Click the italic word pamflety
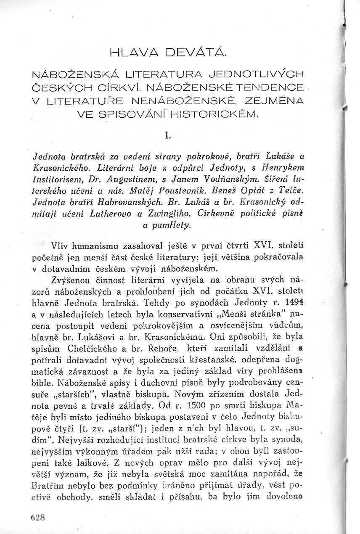(167, 226)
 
